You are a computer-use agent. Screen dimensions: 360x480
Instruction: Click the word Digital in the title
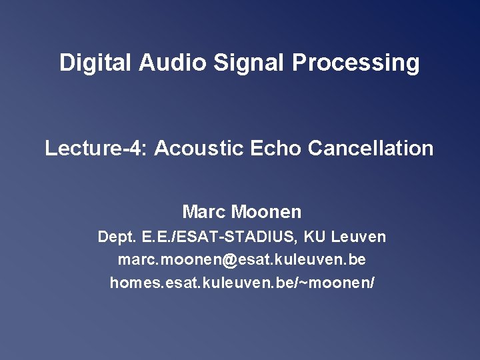96,63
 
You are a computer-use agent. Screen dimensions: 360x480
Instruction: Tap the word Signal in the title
249,63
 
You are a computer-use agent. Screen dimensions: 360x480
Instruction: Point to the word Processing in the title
356,63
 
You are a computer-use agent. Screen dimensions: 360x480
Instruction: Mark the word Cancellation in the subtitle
371,148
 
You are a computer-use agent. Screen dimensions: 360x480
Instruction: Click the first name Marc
204,213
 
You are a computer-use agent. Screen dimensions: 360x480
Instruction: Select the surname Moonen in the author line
267,213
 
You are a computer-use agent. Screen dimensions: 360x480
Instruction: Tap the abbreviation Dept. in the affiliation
115,237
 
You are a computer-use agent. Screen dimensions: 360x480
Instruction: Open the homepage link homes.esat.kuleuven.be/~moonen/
242,283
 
